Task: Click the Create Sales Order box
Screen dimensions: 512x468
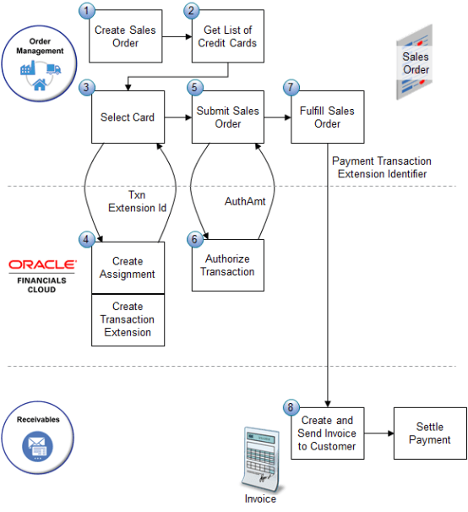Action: [126, 36]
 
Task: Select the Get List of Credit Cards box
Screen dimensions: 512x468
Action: [226, 36]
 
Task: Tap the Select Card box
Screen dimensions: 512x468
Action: [127, 117]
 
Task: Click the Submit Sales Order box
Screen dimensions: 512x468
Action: [226, 117]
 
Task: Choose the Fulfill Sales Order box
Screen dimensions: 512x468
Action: [326, 117]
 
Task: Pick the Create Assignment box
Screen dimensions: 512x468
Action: [128, 267]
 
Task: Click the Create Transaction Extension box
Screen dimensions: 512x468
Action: [128, 319]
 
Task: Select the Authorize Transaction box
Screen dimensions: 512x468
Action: [227, 265]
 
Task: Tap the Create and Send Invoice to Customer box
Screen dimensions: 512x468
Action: [327, 433]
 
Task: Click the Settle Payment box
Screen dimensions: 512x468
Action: [429, 433]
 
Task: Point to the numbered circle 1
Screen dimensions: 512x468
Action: [85, 10]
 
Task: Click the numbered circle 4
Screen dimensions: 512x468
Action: [85, 239]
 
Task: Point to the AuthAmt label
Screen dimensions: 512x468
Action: [245, 202]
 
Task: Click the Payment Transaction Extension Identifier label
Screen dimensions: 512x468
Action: [381, 166]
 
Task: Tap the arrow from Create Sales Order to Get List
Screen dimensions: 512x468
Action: [176, 36]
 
